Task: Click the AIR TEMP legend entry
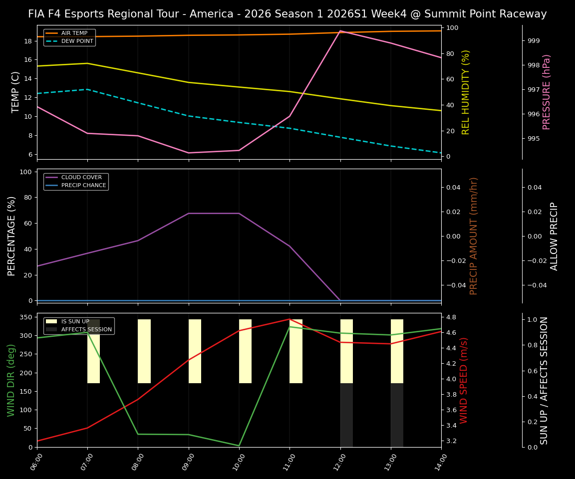click(73, 33)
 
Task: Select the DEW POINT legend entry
click(77, 41)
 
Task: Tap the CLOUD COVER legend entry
click(81, 178)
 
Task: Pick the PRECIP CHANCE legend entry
click(83, 186)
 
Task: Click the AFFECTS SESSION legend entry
click(86, 330)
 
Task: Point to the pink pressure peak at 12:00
click(340, 31)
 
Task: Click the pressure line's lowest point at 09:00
click(188, 153)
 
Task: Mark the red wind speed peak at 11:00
click(289, 319)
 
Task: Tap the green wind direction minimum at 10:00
click(239, 446)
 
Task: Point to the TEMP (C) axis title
click(16, 92)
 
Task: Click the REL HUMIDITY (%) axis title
click(466, 92)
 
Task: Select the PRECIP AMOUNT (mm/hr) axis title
click(474, 236)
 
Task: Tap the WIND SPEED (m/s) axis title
click(464, 380)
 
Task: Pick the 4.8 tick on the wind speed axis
click(451, 317)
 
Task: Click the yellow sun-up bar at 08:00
click(144, 351)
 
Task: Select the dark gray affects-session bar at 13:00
click(397, 415)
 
